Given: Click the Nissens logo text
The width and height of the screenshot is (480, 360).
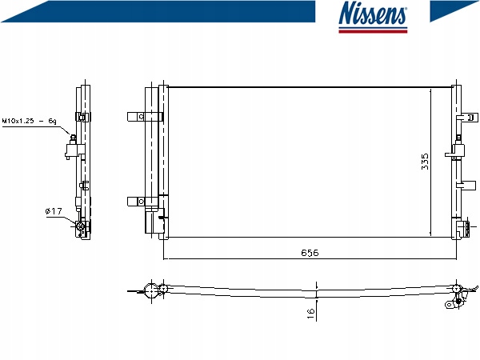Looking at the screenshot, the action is [x=373, y=14].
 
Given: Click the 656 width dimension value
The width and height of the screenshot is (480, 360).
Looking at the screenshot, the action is [x=310, y=252].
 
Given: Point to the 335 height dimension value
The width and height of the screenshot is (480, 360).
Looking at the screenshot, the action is [x=425, y=161].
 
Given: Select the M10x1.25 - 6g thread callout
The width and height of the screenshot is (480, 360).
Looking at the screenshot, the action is [x=28, y=121].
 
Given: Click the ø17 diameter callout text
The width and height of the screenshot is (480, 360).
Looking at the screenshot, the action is [x=54, y=211].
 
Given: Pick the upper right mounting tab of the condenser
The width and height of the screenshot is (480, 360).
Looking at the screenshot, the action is [x=462, y=117].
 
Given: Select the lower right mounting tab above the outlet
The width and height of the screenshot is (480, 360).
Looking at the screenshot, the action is [x=462, y=186].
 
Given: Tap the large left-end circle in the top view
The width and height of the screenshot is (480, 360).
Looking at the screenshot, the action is [x=150, y=290].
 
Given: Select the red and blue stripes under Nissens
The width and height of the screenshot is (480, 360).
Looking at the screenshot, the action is [x=373, y=30].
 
